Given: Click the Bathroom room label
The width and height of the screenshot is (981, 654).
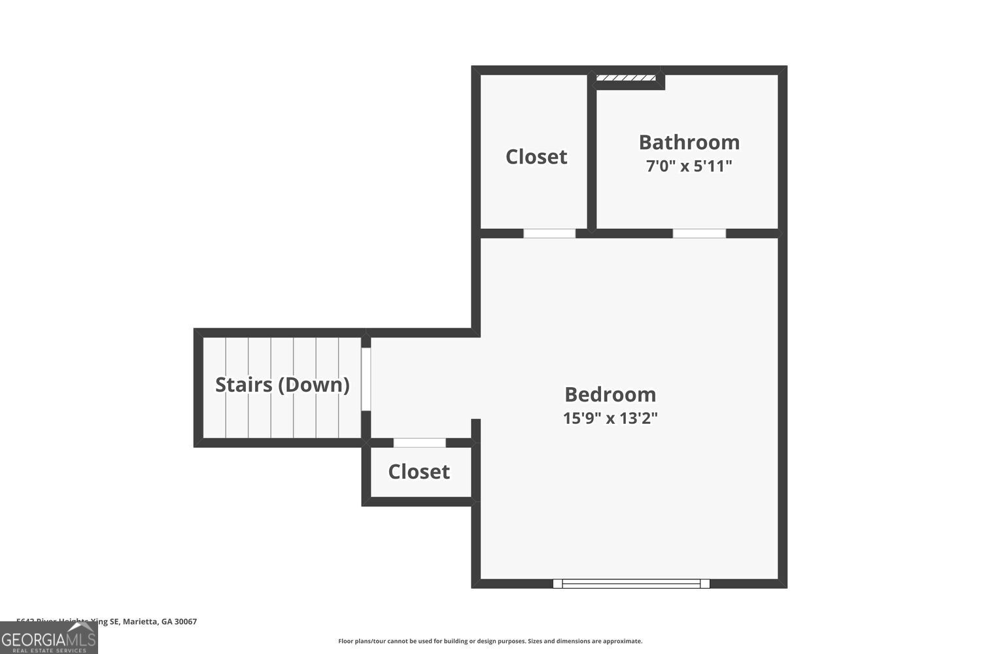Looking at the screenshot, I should [x=689, y=142].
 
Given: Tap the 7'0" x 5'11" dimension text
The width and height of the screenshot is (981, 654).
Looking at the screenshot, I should [x=689, y=166].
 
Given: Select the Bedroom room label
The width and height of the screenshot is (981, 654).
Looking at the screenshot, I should [x=610, y=394].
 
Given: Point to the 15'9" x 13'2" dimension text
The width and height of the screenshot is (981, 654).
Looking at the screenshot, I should [x=610, y=418].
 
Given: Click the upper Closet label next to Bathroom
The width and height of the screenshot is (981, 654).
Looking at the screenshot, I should [x=536, y=156].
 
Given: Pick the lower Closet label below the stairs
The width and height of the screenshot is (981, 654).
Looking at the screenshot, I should [x=419, y=472].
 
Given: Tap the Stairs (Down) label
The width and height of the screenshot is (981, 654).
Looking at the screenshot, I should [x=282, y=385].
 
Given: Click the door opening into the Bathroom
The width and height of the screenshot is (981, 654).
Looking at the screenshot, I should [x=699, y=233].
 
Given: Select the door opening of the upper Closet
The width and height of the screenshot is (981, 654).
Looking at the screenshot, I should [x=549, y=233].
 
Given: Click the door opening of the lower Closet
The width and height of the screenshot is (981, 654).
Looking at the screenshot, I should [x=419, y=443].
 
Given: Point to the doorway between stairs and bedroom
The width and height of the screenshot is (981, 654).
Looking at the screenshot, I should [x=366, y=379].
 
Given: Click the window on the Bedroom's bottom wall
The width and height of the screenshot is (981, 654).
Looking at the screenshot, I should [x=631, y=583].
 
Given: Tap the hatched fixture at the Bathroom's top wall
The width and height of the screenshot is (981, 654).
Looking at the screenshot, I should [x=626, y=78].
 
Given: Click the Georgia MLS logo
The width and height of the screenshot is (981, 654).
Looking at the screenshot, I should [x=48, y=638].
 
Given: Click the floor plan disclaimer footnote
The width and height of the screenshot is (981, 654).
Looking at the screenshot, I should [x=490, y=641].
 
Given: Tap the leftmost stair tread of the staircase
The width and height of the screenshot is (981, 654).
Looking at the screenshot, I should [x=215, y=387].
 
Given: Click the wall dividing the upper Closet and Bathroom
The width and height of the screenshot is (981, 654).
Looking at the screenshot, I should [x=591, y=154].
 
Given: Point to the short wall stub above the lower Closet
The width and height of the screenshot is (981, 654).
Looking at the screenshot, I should [x=476, y=429].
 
